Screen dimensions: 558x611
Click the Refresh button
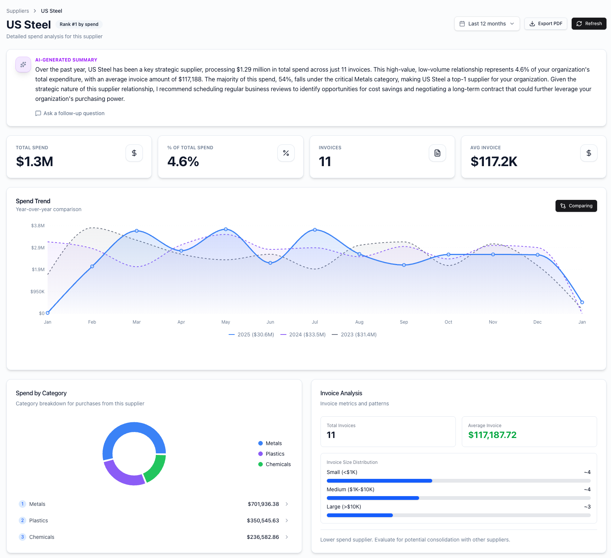[589, 24]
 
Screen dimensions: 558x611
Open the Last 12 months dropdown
[487, 24]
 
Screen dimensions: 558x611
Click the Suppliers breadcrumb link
[18, 11]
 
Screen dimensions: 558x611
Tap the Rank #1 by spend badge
[79, 24]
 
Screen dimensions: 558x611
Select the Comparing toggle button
[576, 206]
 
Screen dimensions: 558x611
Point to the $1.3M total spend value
[34, 162]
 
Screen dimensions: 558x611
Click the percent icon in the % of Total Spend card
[286, 153]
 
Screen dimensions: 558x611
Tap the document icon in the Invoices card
[437, 153]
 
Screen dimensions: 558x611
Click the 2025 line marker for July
[315, 229]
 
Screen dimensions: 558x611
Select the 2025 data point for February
[92, 266]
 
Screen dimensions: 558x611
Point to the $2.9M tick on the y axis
[38, 248]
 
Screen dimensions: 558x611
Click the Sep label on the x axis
[404, 322]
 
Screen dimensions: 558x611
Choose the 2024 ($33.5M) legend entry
[303, 334]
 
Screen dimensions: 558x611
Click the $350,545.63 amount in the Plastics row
[263, 520]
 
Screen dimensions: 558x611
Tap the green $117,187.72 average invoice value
[492, 435]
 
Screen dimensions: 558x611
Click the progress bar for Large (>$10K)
[458, 515]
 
